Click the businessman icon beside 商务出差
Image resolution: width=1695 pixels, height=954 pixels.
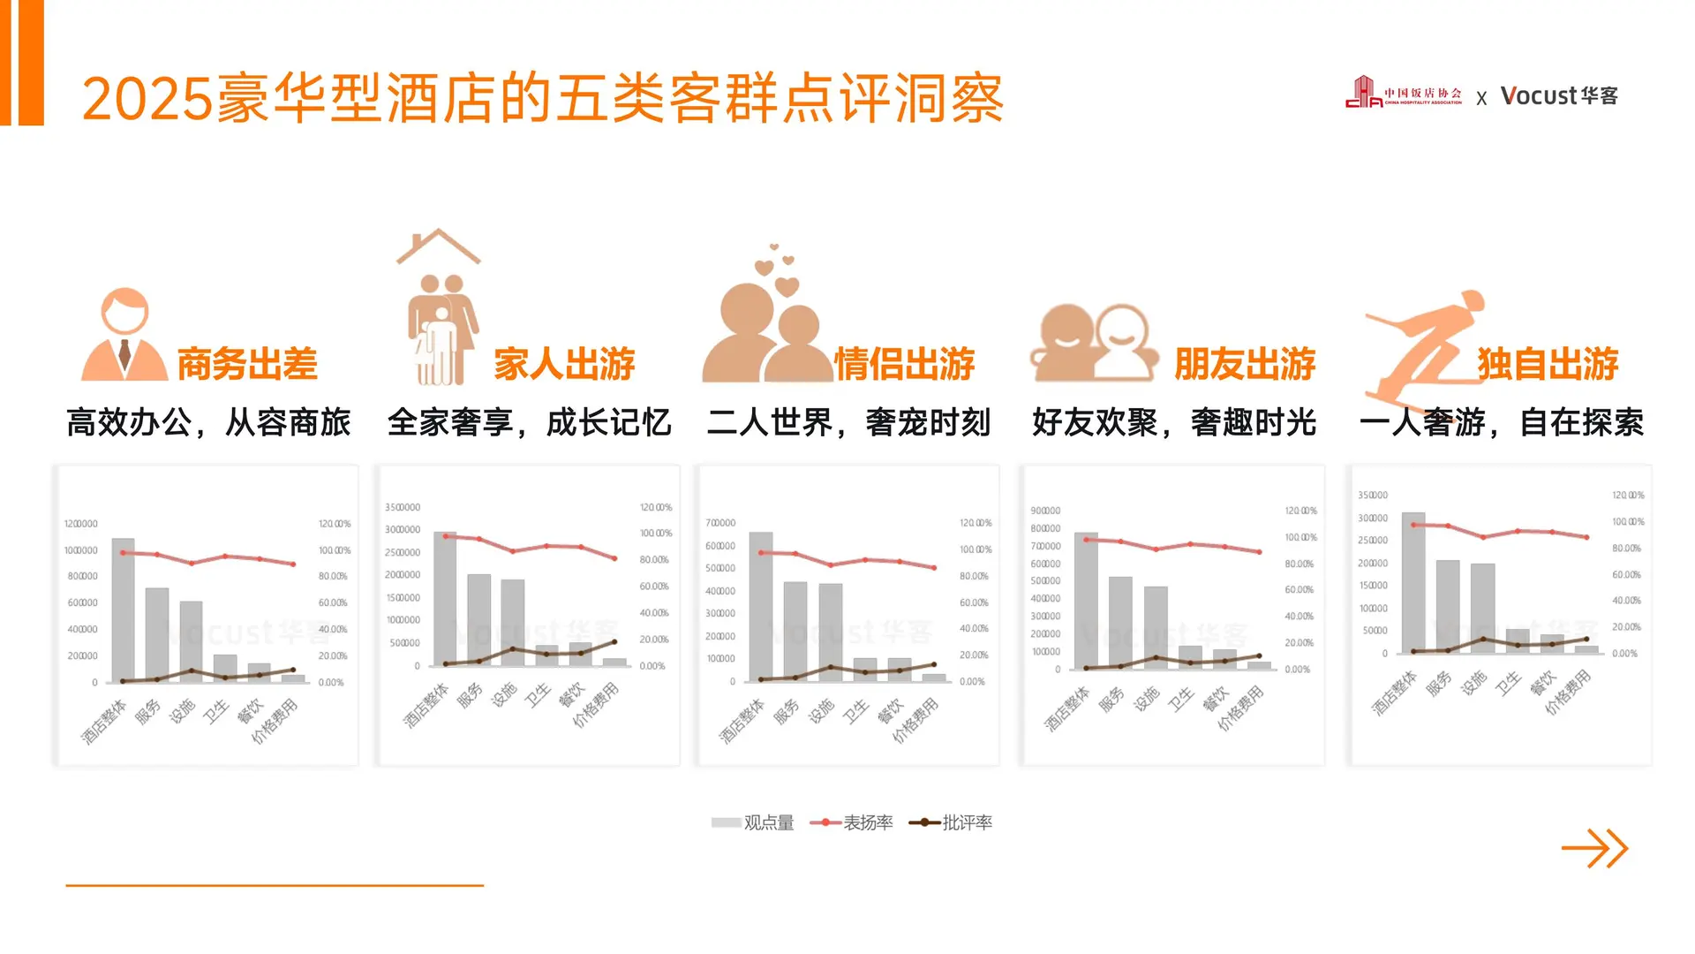click(x=124, y=336)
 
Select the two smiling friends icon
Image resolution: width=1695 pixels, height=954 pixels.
click(x=1095, y=343)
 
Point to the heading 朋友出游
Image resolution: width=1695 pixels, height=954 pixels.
click(x=1245, y=364)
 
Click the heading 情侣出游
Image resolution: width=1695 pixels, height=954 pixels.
click(x=904, y=364)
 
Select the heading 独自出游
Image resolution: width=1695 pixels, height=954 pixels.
click(x=1548, y=364)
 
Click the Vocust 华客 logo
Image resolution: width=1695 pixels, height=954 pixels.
click(x=1559, y=95)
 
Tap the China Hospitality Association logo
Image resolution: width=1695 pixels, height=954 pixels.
click(x=1403, y=93)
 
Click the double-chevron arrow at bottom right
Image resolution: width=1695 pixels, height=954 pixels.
click(x=1594, y=849)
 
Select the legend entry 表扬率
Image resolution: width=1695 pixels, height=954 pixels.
click(x=852, y=822)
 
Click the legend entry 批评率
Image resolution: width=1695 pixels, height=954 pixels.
click(x=951, y=822)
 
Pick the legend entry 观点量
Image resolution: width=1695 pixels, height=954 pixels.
click(x=753, y=822)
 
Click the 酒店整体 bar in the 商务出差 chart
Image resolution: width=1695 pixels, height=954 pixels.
click(x=124, y=609)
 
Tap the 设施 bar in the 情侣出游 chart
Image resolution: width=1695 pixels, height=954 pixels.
click(x=830, y=632)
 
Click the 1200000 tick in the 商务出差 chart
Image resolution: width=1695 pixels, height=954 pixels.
click(x=81, y=524)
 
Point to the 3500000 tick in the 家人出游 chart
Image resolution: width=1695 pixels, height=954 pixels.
click(x=403, y=507)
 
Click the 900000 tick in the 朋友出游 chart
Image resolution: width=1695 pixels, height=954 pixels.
click(x=1045, y=511)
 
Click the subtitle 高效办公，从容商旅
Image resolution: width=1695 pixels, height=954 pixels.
click(x=208, y=422)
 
